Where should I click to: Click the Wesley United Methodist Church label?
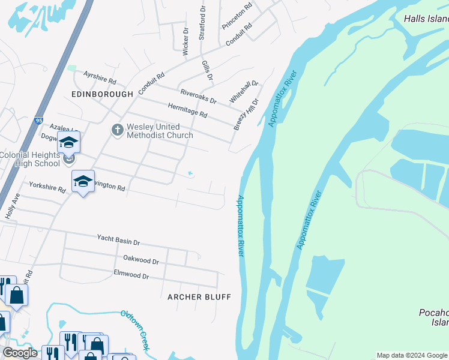point(160,131)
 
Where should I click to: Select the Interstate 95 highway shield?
point(39,120)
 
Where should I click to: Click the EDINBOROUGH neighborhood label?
point(102,95)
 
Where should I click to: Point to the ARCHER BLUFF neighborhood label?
point(199,297)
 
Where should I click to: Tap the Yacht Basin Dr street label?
point(118,240)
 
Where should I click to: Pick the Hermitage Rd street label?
point(187,110)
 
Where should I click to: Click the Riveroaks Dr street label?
point(198,95)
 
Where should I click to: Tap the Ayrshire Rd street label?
point(100,77)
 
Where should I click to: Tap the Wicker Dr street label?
point(185,41)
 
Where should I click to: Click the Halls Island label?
point(426,19)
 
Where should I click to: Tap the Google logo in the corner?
point(20,353)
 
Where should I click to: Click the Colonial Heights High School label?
point(30,159)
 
